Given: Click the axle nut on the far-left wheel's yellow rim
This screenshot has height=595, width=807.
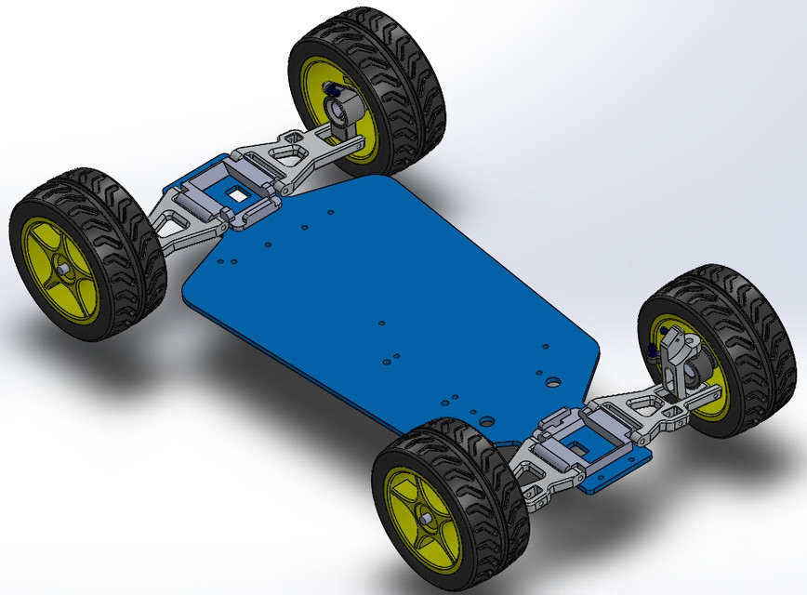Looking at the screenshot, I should coord(62,270).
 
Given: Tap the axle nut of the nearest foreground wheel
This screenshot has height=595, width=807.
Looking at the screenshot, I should coord(423,518).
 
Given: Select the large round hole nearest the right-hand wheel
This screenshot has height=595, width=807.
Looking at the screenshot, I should coord(551,381).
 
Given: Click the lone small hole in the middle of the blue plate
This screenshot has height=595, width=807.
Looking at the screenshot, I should coord(382,322).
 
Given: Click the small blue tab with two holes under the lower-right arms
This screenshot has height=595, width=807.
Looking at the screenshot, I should coord(614,474).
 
